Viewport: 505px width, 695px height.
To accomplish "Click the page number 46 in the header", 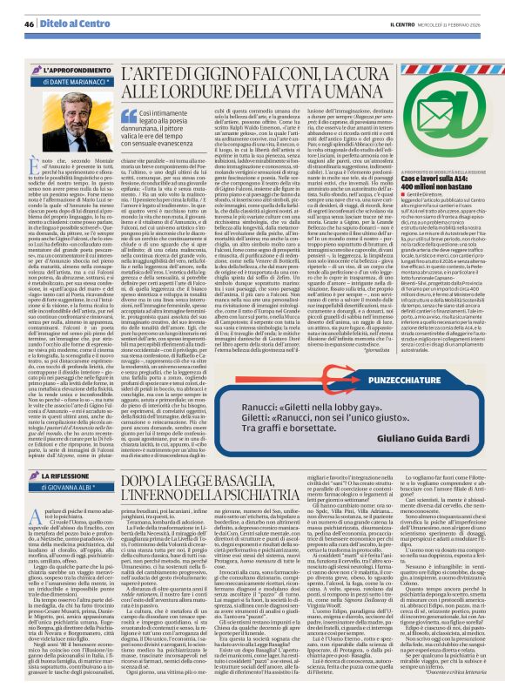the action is [x=29, y=24].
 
